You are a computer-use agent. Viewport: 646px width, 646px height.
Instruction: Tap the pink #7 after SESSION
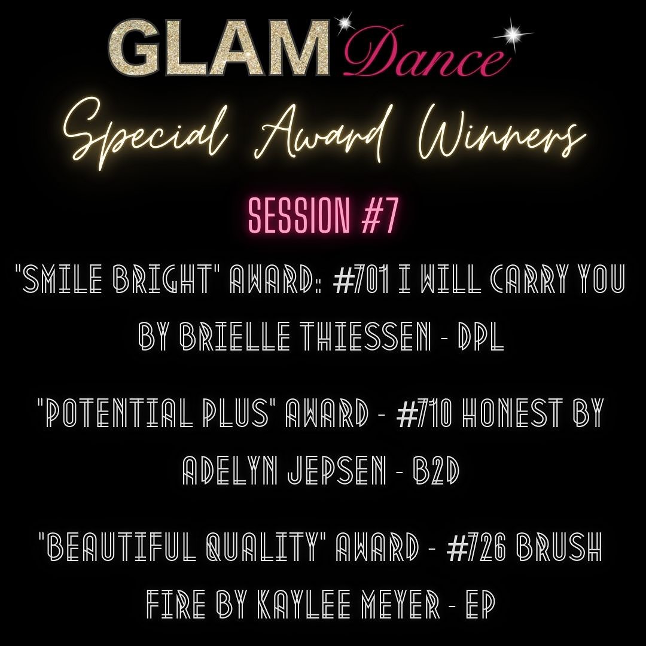[377, 218]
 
